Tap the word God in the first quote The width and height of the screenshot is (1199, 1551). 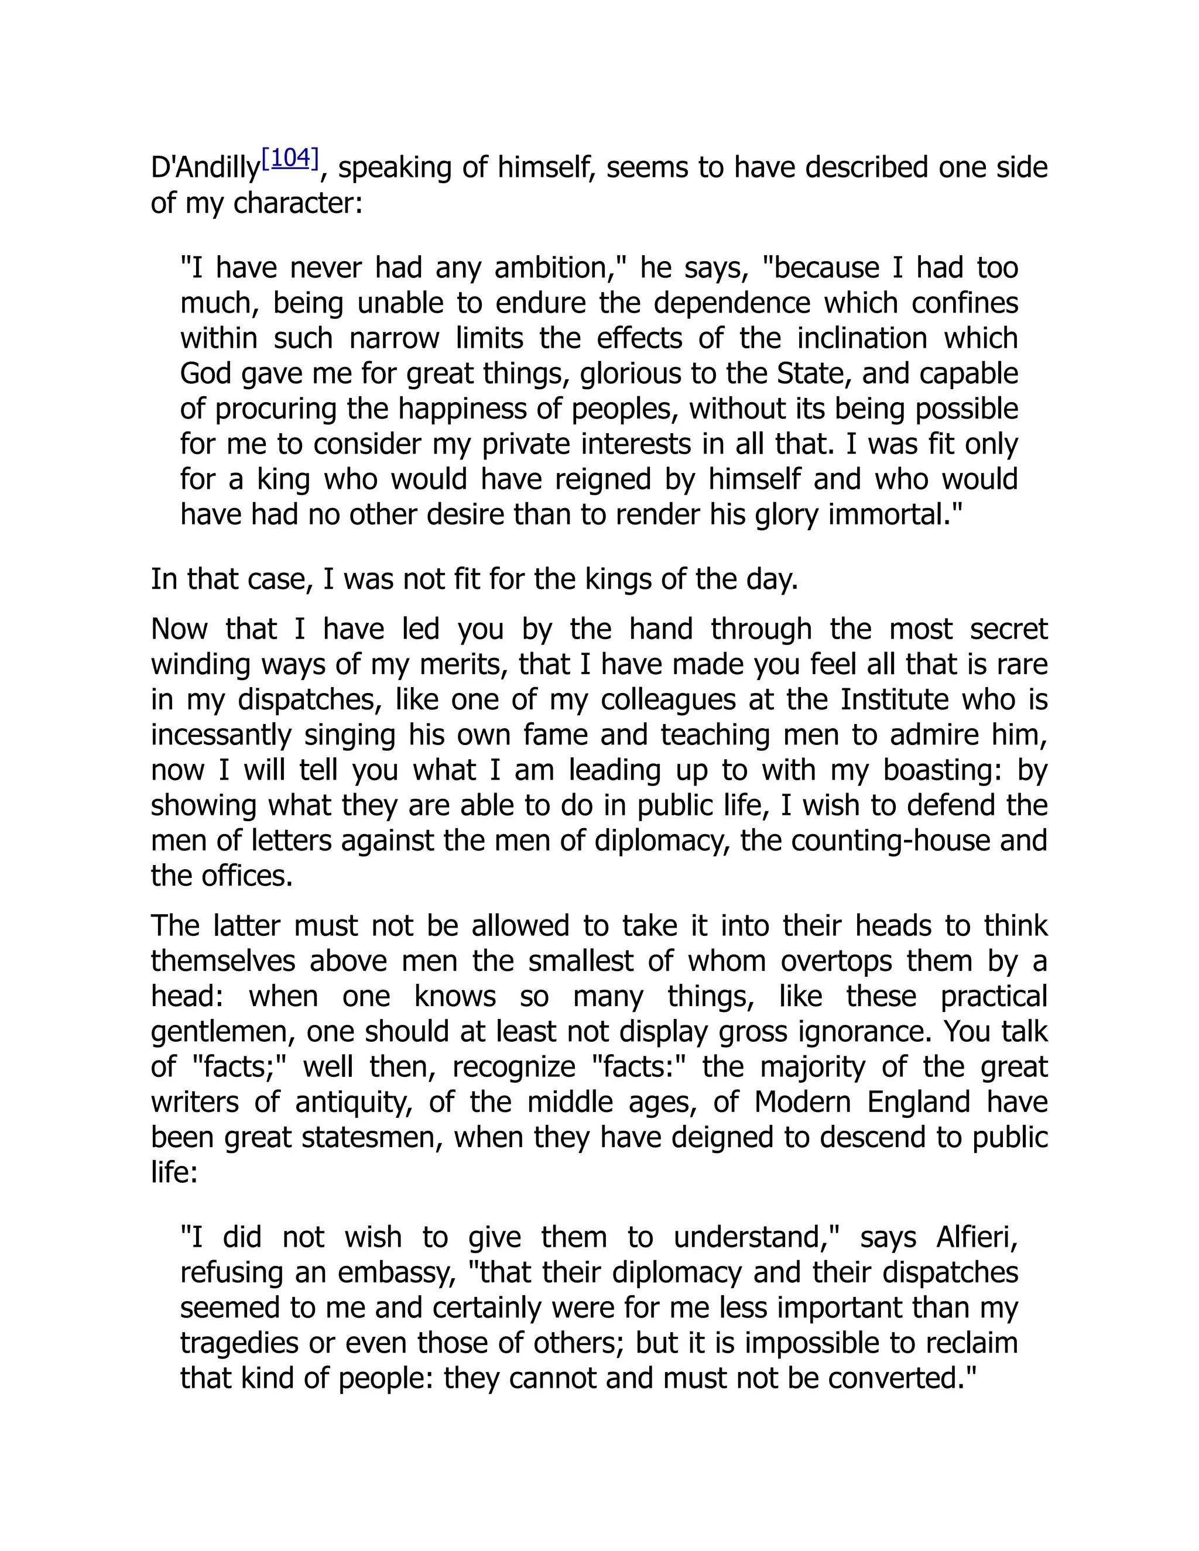[204, 374]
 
